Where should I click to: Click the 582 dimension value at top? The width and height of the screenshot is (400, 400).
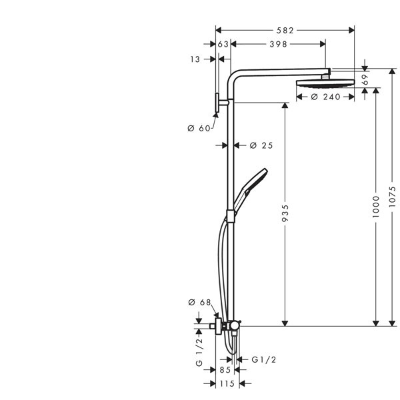coord(285,30)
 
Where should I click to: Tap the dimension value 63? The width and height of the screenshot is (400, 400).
coord(223,44)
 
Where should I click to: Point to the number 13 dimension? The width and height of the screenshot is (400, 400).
coord(195,59)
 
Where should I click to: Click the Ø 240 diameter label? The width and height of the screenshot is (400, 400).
coord(326,97)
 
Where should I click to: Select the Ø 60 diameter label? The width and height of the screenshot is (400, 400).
coord(199,128)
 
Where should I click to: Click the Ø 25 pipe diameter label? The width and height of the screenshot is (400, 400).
coord(261,145)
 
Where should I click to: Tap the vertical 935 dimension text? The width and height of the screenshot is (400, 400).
coord(286,213)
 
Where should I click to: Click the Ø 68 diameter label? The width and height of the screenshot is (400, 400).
coord(200,303)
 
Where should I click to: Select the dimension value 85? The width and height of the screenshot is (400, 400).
coord(225,370)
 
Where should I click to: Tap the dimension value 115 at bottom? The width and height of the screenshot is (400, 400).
coord(227,384)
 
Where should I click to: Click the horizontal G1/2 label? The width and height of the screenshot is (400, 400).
coord(263,360)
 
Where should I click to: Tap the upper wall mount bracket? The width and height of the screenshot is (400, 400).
coord(219,103)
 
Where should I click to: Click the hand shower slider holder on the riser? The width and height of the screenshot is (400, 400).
coord(231,215)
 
